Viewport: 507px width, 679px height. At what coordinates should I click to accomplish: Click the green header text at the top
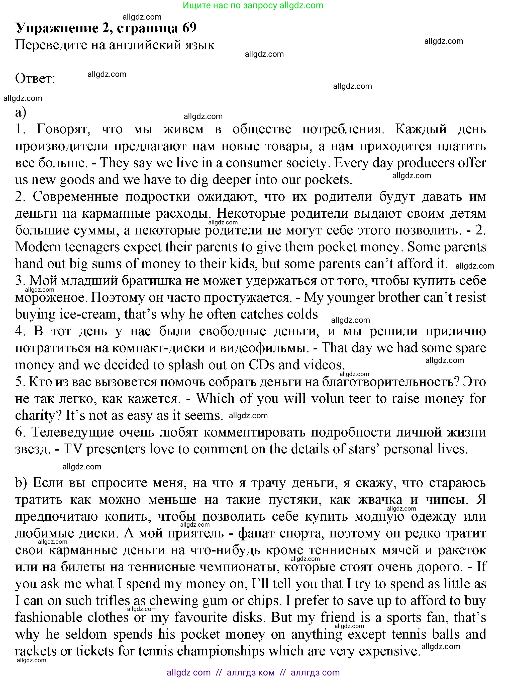click(x=253, y=5)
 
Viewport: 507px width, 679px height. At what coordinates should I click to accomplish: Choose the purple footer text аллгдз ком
click(x=250, y=672)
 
